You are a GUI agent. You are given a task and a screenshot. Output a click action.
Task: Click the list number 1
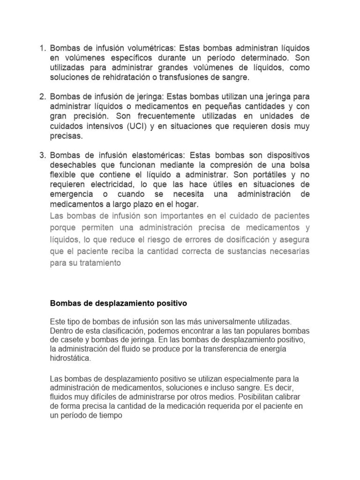pos(41,48)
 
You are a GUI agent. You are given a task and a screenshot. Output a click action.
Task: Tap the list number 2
pos(41,96)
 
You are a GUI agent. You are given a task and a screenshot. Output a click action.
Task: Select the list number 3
pos(41,155)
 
